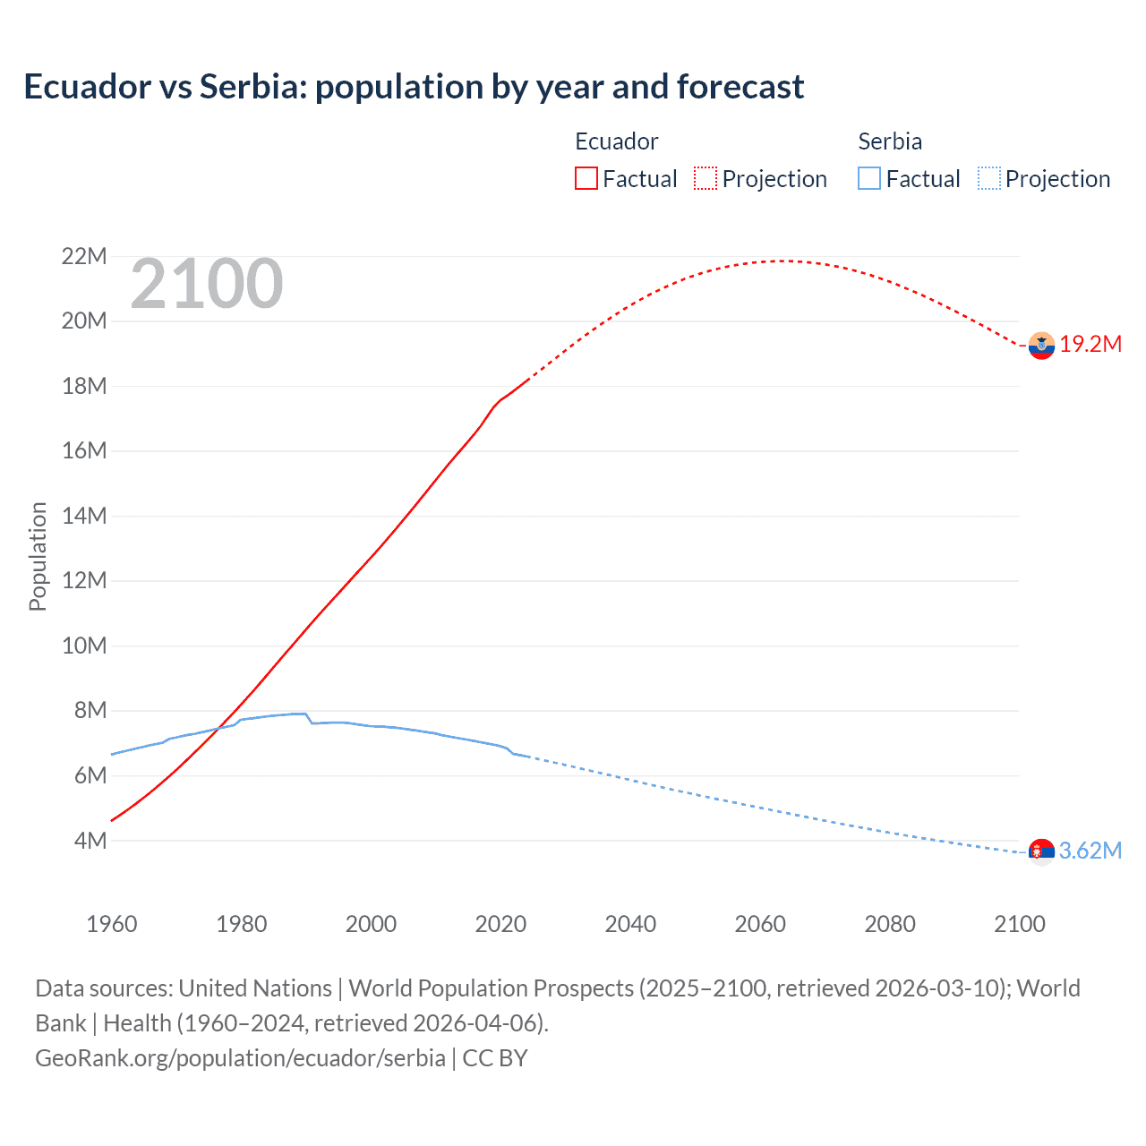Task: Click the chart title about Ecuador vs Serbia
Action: (x=414, y=87)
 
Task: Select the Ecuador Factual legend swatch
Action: (x=586, y=178)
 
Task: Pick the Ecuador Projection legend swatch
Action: (x=706, y=178)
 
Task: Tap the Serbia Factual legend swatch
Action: (x=868, y=178)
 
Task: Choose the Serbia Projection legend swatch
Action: (x=988, y=178)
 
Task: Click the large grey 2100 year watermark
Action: (x=207, y=284)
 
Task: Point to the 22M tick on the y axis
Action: (x=84, y=257)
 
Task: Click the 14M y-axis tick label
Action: (x=84, y=516)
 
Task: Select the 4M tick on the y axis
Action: (x=90, y=841)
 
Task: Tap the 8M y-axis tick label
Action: (x=90, y=711)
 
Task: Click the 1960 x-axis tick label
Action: (x=112, y=924)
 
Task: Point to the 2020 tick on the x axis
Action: (x=500, y=924)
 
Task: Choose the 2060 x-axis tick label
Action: (x=760, y=924)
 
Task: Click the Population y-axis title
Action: (x=38, y=556)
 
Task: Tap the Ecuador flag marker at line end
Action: (x=1041, y=345)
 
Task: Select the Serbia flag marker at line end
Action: (x=1041, y=851)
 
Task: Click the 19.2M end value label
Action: (x=1090, y=345)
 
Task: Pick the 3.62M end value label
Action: (x=1090, y=851)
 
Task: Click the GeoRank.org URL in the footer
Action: (x=240, y=1057)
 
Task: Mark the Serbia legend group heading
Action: (x=889, y=141)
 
